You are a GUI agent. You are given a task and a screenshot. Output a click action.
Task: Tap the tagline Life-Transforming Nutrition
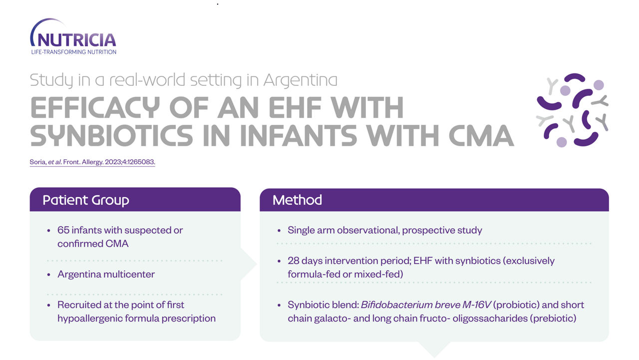point(73,52)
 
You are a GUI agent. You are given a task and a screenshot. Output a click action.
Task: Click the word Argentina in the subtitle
point(300,80)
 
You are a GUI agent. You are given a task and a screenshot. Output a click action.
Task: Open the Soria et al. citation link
point(92,162)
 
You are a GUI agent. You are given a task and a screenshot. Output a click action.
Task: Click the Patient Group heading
point(86,200)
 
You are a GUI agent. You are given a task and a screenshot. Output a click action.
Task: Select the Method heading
point(297,200)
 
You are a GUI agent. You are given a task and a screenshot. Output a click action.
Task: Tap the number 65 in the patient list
point(63,230)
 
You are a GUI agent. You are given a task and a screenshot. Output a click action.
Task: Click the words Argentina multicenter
point(106,274)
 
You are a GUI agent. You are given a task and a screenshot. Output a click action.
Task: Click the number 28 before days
point(293,261)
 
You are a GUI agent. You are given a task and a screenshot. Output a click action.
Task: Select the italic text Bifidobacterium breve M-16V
point(426,305)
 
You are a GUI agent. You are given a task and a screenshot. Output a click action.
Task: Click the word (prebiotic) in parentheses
point(553,319)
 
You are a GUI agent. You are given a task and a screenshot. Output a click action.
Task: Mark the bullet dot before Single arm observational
point(279,231)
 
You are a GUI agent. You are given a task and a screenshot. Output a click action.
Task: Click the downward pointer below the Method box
point(434,349)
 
